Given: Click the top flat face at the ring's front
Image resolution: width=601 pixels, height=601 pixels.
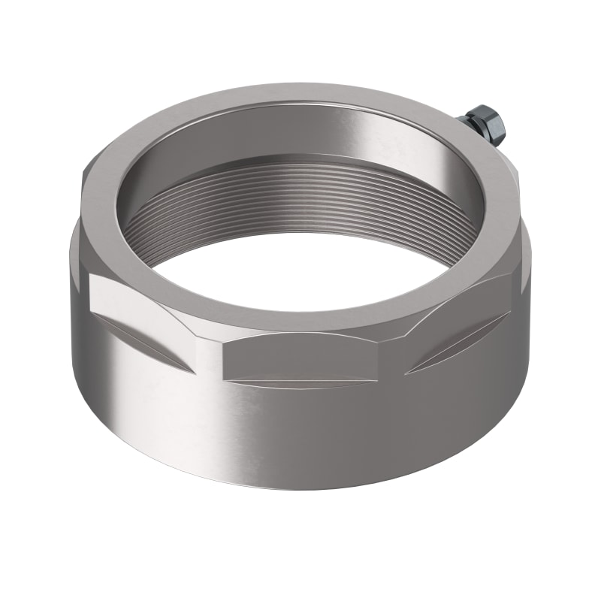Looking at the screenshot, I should click(x=300, y=319).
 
